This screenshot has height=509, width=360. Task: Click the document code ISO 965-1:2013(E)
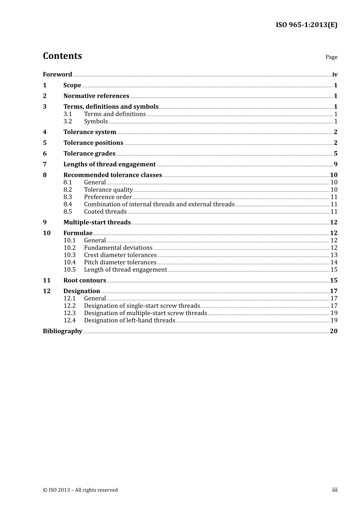306,25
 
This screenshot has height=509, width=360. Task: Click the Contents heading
62,56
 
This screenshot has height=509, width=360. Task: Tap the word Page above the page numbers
331,57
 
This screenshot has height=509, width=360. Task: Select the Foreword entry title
57,75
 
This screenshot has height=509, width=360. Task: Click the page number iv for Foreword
335,75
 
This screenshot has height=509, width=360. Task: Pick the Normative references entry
96,96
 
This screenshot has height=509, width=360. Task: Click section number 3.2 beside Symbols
67,122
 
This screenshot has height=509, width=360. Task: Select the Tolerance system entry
90,132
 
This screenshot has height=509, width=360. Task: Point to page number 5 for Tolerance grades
335,154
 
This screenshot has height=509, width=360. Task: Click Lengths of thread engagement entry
110,164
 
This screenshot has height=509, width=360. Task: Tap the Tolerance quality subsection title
108,190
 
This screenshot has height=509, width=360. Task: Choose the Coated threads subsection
105,212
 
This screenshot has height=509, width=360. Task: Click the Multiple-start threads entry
97,222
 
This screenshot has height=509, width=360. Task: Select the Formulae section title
78,233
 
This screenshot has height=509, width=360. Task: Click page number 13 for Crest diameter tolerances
334,255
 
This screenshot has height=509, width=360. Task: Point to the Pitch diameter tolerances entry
120,262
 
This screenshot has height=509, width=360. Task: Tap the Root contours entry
85,281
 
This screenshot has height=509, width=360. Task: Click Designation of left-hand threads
130,320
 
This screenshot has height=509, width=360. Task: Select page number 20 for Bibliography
333,331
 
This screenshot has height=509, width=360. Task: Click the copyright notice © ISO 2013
80,490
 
